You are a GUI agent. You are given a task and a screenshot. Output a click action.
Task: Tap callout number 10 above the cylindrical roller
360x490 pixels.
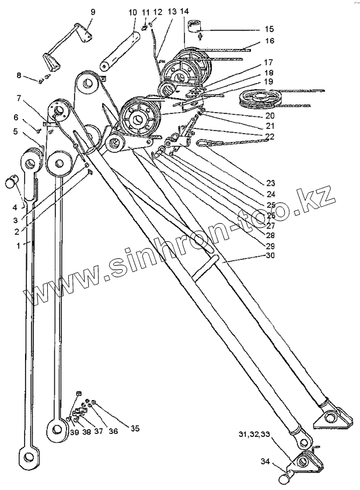click(x=132, y=12)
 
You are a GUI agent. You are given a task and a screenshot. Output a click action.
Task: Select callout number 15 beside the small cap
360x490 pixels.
click(x=269, y=28)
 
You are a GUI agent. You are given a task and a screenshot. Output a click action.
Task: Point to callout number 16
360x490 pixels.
click(x=269, y=41)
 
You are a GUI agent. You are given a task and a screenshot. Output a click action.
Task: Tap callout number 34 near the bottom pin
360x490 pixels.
click(x=266, y=462)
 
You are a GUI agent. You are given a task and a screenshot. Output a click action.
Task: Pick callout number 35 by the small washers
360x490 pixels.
click(x=135, y=428)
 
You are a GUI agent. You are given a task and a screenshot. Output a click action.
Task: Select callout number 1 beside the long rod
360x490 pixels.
click(x=19, y=245)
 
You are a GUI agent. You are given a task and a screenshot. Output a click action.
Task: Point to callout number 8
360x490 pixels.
click(x=20, y=75)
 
